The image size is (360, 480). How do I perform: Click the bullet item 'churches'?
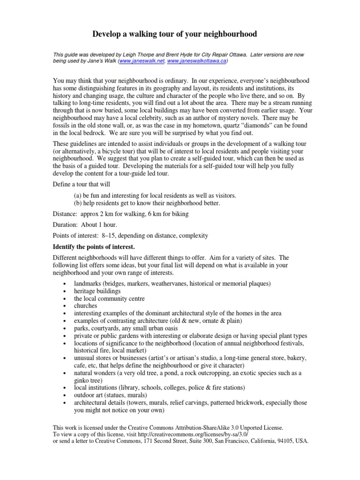pyautogui.click(x=85, y=306)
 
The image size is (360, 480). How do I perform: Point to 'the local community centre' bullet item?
pyautogui.click(x=109, y=299)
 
